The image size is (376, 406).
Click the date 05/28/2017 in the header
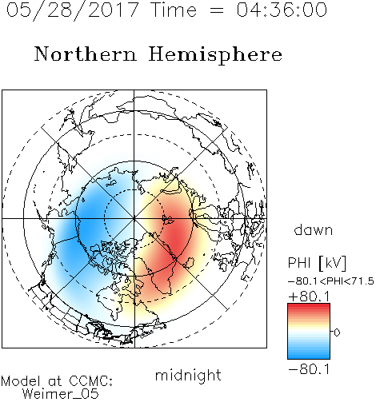tap(72, 10)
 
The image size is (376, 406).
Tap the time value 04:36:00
tap(282, 10)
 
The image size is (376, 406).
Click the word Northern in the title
tap(86, 54)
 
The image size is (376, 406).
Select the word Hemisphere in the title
tap(215, 55)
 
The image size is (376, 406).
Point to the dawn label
tap(314, 229)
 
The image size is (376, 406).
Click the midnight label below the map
tap(188, 375)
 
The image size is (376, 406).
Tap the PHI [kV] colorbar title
tap(317, 263)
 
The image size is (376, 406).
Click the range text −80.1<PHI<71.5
tap(331, 281)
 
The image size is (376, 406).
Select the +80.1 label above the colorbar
tap(309, 297)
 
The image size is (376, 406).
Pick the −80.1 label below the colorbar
tap(309, 369)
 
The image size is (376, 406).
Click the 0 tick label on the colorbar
tap(337, 332)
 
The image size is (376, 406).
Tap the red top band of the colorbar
tap(309, 307)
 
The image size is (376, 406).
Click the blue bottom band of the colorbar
tap(309, 356)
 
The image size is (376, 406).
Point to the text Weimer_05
tap(61, 394)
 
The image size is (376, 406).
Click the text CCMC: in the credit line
tap(90, 381)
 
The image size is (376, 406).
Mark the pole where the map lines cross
tap(134, 218)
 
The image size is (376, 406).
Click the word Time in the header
tap(174, 10)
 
